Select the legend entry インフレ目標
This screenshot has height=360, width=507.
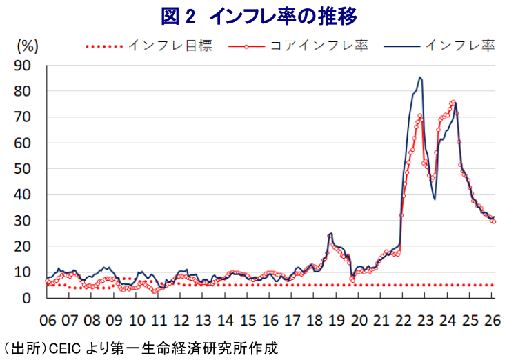click(x=170, y=46)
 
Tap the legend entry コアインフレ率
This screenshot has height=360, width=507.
click(x=318, y=46)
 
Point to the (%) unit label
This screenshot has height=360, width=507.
click(x=27, y=46)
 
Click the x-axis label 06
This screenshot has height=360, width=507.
click(x=47, y=321)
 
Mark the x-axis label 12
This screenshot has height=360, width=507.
click(x=181, y=321)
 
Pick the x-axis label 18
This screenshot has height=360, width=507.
click(x=315, y=321)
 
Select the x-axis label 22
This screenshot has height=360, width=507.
click(x=404, y=321)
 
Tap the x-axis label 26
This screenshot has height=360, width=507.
click(x=491, y=321)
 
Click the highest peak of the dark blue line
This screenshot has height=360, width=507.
click(x=420, y=78)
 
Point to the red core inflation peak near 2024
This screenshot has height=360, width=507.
click(x=453, y=102)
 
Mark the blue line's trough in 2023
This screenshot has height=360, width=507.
click(x=435, y=199)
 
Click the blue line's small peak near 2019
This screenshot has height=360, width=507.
click(x=331, y=234)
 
